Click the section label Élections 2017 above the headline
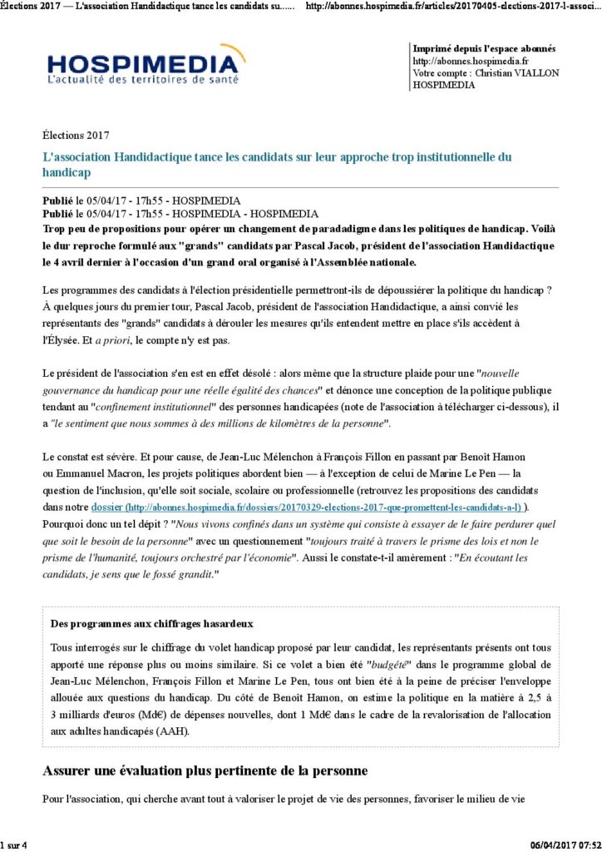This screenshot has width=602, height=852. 76,135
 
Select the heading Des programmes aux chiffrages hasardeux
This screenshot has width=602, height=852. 152,623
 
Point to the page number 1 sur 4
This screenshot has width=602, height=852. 14,845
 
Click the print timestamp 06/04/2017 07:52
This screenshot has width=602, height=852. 565,845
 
